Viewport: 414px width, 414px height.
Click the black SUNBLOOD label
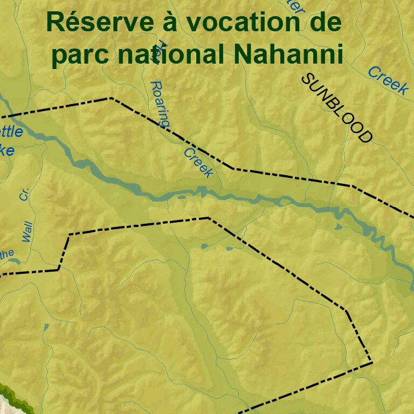click(x=337, y=108)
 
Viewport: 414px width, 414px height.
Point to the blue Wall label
click(x=27, y=231)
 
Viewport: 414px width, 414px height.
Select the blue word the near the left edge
click(x=6, y=254)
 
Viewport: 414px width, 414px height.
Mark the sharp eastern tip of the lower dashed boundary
click(x=372, y=363)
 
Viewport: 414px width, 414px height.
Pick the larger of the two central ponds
click(x=204, y=246)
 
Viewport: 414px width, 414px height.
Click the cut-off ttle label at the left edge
click(x=11, y=132)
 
